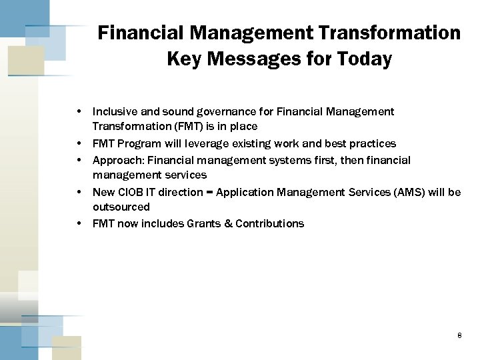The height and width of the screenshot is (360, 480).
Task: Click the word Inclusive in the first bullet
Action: point(115,111)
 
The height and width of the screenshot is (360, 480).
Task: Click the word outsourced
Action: point(121,207)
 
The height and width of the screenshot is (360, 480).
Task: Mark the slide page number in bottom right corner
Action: point(459,336)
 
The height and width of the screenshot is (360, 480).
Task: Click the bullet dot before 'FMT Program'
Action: point(79,143)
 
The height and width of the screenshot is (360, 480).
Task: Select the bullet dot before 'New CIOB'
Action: point(79,192)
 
